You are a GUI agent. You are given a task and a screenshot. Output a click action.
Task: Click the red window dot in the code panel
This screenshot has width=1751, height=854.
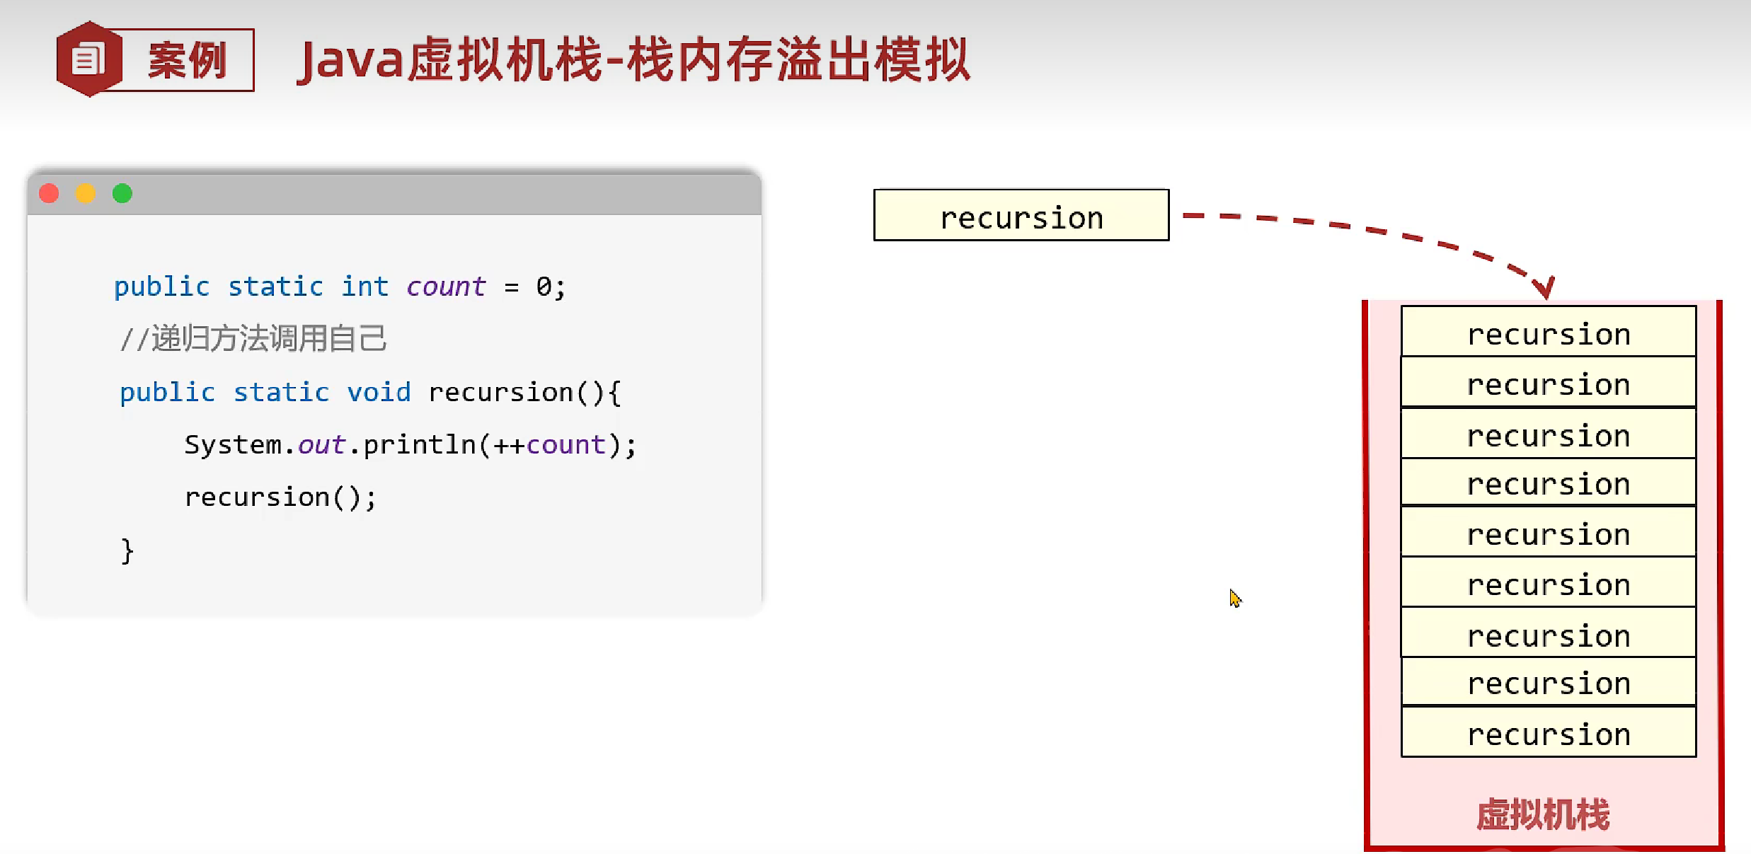click(49, 193)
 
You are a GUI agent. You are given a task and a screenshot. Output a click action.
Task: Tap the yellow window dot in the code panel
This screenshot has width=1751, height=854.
click(86, 193)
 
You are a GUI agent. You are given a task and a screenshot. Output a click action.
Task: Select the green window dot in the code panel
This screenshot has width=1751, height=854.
click(122, 193)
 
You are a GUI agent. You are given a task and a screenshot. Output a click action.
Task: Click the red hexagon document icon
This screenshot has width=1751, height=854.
click(88, 59)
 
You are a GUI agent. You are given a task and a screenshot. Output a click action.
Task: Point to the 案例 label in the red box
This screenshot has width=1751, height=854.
click(188, 61)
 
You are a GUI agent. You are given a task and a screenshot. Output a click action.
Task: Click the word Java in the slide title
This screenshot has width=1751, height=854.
click(350, 61)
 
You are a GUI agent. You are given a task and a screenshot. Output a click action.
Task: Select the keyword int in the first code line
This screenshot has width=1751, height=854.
click(364, 287)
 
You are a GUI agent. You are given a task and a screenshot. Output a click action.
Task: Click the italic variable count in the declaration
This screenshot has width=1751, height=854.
click(446, 287)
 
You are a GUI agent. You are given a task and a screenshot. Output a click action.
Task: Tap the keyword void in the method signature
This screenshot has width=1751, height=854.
click(379, 392)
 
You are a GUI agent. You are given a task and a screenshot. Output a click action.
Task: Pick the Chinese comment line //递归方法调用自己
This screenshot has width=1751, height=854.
click(253, 339)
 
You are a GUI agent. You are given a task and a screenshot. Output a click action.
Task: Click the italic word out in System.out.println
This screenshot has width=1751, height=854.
click(321, 445)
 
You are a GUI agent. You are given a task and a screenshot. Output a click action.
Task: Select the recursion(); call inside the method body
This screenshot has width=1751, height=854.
click(280, 497)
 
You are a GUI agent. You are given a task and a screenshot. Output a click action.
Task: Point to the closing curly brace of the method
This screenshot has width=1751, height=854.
click(127, 550)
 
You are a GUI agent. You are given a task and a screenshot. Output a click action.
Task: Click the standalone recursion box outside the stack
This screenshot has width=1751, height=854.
click(1021, 215)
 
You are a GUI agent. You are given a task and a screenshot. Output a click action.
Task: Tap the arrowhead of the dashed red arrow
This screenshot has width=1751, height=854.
click(1544, 287)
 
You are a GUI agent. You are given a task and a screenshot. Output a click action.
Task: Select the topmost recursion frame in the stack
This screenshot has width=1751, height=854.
click(1549, 332)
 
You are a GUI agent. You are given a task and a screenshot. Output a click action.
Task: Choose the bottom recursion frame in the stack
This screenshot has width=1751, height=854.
click(1549, 733)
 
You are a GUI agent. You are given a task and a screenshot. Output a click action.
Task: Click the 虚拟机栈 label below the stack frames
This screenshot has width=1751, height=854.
click(1543, 814)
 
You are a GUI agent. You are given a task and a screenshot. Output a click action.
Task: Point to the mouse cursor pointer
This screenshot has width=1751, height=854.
click(1234, 598)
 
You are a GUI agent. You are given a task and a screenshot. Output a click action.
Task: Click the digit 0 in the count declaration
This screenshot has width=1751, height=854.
click(543, 287)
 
